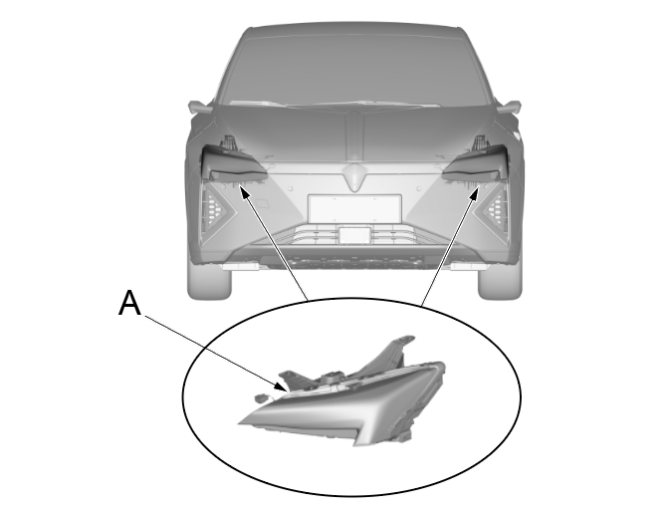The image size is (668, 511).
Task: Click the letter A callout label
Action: tap(129, 303)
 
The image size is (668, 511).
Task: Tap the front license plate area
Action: tap(354, 209)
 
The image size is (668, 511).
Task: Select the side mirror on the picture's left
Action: tap(200, 107)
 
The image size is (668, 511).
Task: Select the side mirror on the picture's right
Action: tap(509, 107)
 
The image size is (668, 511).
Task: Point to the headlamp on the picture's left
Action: tap(233, 162)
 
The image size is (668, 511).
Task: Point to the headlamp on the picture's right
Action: tap(476, 162)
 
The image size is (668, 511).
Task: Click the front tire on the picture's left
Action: tap(209, 281)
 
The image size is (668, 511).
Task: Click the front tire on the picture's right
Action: tap(500, 281)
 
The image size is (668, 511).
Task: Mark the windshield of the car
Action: tap(354, 68)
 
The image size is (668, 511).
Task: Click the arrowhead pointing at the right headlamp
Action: tap(475, 192)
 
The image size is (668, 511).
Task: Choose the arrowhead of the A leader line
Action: tap(282, 386)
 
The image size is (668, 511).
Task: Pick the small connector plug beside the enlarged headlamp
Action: tap(260, 398)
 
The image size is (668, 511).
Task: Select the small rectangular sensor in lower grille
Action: tap(354, 235)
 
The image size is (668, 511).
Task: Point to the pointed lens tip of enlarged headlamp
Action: tap(241, 422)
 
